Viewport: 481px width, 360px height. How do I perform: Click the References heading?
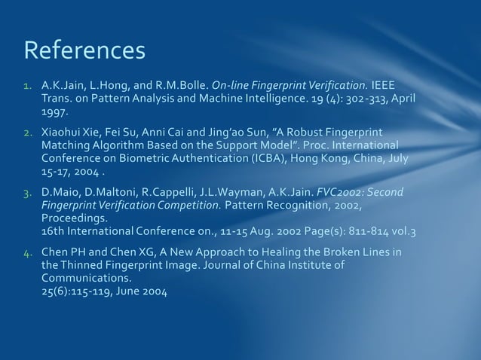84,50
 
